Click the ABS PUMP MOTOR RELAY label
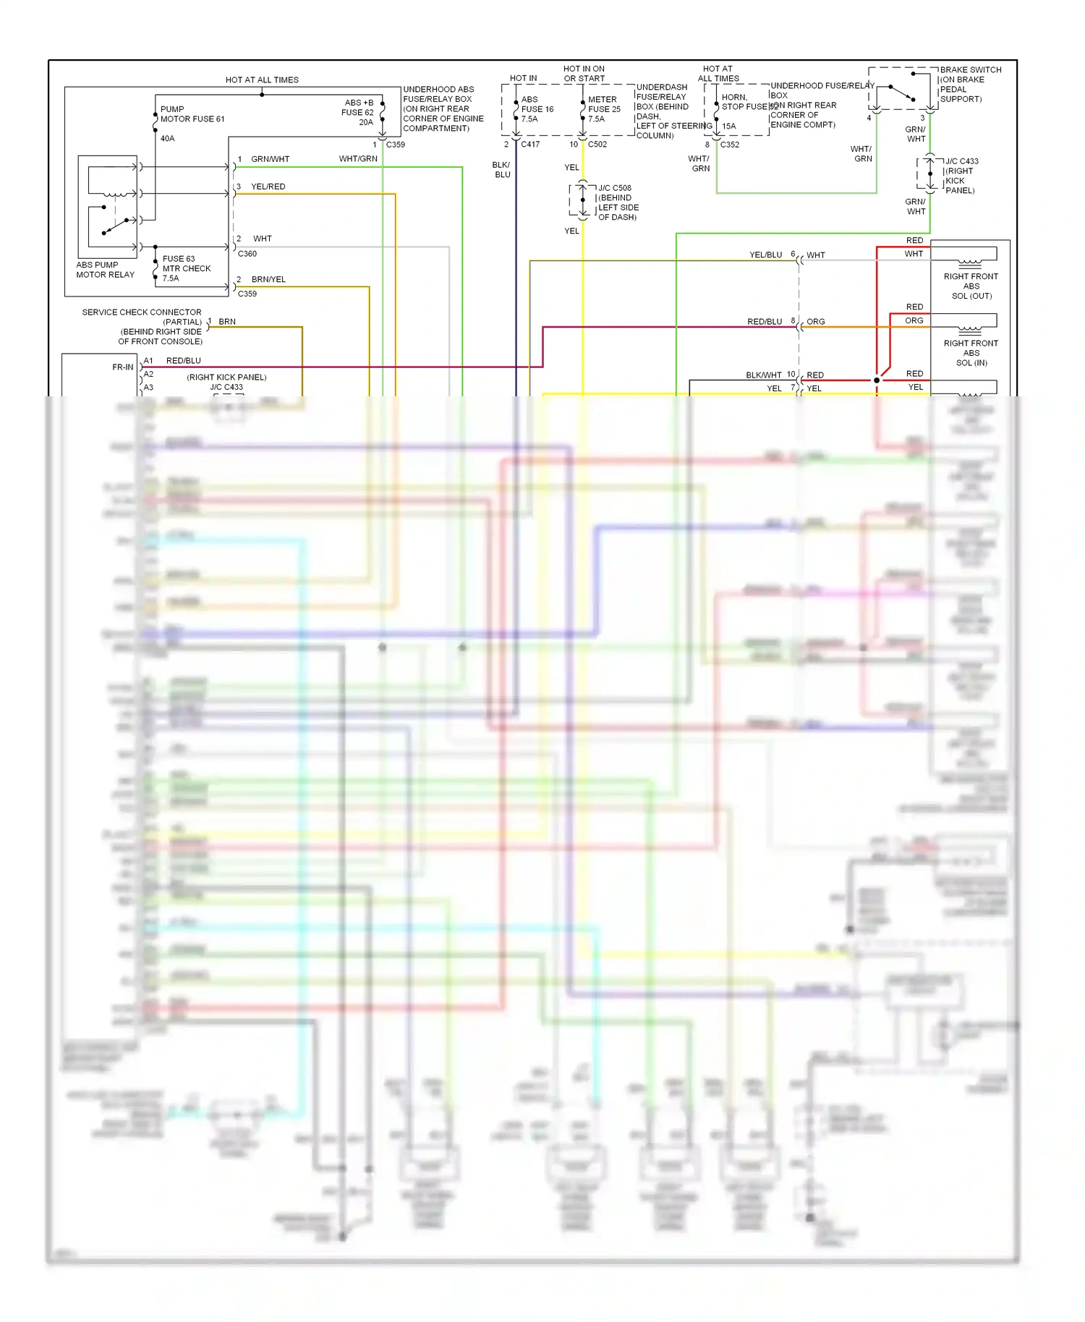pos(105,270)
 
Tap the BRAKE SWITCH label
pos(970,70)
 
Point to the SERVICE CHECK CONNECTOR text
pos(142,312)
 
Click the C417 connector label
pos(530,145)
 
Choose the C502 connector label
pos(597,145)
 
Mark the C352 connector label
pos(730,145)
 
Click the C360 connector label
pos(247,254)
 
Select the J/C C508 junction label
pos(615,188)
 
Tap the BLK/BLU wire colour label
pos(502,170)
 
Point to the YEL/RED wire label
pos(268,187)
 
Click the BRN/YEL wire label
pos(268,279)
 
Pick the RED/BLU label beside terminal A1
pos(184,361)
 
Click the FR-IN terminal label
pos(123,367)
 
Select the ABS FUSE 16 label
pos(537,109)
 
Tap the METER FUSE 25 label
pos(604,109)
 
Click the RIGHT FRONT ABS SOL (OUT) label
pos(971,286)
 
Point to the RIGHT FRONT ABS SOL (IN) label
pos(971,353)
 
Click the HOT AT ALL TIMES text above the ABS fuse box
pos(262,80)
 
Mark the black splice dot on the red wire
pos(877,380)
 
